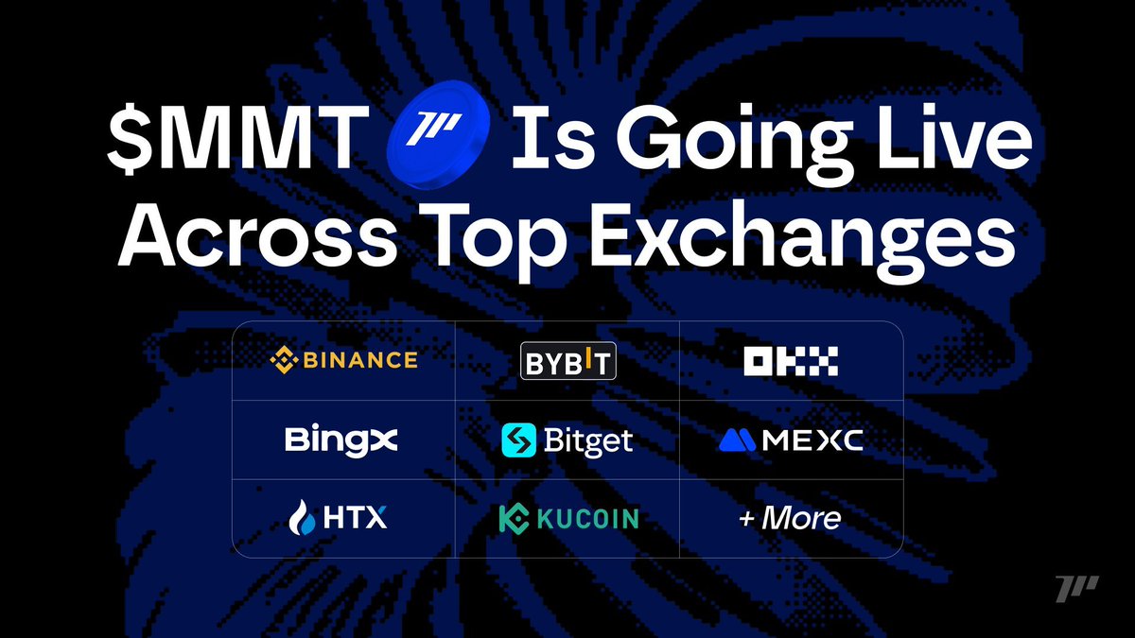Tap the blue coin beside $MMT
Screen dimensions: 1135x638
(438, 135)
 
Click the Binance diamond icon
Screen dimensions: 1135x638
(284, 360)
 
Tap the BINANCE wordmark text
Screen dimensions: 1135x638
(360, 360)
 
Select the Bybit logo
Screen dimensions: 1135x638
(568, 361)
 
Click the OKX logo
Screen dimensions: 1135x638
(791, 361)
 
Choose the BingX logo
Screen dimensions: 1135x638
(341, 440)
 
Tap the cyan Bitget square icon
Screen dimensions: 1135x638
(519, 440)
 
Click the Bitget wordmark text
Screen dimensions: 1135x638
(588, 441)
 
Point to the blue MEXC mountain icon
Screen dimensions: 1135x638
(737, 440)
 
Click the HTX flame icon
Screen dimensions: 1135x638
(302, 517)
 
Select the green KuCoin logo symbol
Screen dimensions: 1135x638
(514, 519)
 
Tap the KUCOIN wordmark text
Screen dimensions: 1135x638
(587, 519)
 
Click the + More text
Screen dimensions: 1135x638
(790, 518)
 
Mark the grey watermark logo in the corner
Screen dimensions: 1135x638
(1077, 588)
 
